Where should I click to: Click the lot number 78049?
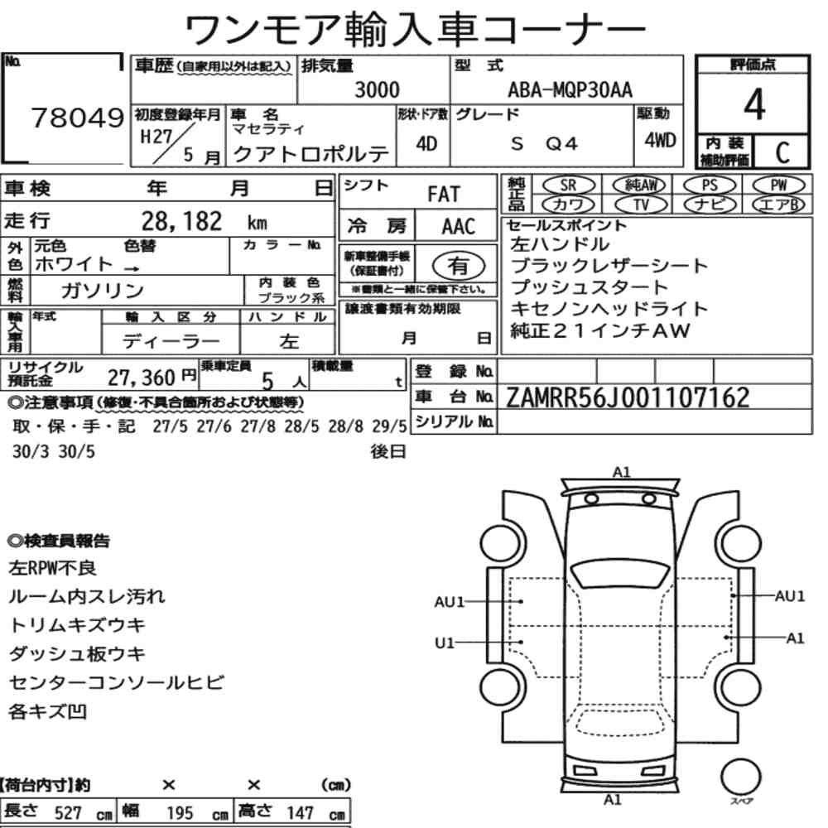(x=78, y=118)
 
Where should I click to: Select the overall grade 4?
(x=754, y=104)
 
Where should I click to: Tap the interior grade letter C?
(x=782, y=152)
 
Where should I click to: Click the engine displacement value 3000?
(x=377, y=89)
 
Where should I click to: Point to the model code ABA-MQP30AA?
(x=570, y=89)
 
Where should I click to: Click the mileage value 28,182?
(x=181, y=221)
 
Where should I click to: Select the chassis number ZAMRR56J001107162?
(x=628, y=397)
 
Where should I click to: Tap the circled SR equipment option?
(x=568, y=185)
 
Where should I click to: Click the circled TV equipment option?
(x=641, y=205)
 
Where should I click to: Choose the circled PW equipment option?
(x=778, y=185)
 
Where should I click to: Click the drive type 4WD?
(x=660, y=141)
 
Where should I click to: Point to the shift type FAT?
(x=444, y=195)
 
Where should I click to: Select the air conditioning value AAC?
(x=458, y=227)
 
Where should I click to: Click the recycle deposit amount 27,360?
(x=141, y=378)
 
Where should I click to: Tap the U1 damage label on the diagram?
(x=445, y=643)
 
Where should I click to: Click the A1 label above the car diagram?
(x=622, y=472)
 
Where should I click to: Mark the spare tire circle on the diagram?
(x=740, y=777)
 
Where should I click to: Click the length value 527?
(x=69, y=813)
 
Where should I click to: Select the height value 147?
(x=300, y=813)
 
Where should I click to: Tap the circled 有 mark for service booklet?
(x=459, y=266)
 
